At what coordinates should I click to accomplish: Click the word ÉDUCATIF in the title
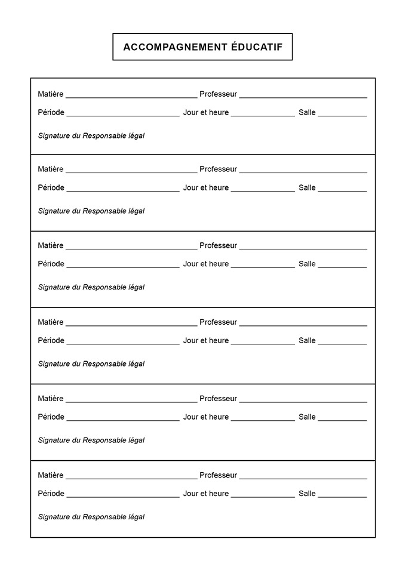pyautogui.click(x=257, y=47)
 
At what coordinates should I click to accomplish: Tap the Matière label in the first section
pyautogui.click(x=51, y=94)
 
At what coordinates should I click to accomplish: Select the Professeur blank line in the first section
pyautogui.click(x=303, y=96)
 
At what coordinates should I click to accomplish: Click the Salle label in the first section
pyautogui.click(x=307, y=112)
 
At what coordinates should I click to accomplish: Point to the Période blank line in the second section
pyautogui.click(x=123, y=190)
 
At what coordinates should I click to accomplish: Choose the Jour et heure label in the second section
pyautogui.click(x=206, y=187)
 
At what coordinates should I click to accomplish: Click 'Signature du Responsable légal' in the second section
pyautogui.click(x=91, y=211)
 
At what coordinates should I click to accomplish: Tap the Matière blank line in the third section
pyautogui.click(x=131, y=248)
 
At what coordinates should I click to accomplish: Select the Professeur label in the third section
pyautogui.click(x=218, y=245)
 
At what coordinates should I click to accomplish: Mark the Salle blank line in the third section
pyautogui.click(x=342, y=267)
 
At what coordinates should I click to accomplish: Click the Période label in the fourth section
pyautogui.click(x=51, y=340)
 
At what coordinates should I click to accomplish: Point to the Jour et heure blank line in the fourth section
pyautogui.click(x=263, y=343)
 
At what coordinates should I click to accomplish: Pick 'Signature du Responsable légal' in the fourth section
pyautogui.click(x=91, y=364)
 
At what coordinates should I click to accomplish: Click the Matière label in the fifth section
pyautogui.click(x=51, y=398)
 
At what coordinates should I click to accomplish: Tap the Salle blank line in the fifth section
pyautogui.click(x=342, y=420)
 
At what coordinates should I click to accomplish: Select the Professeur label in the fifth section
pyautogui.click(x=218, y=398)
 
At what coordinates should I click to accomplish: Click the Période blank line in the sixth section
pyautogui.click(x=123, y=497)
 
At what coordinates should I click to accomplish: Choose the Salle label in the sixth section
pyautogui.click(x=307, y=494)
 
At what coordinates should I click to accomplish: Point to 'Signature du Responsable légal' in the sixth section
pyautogui.click(x=91, y=517)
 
